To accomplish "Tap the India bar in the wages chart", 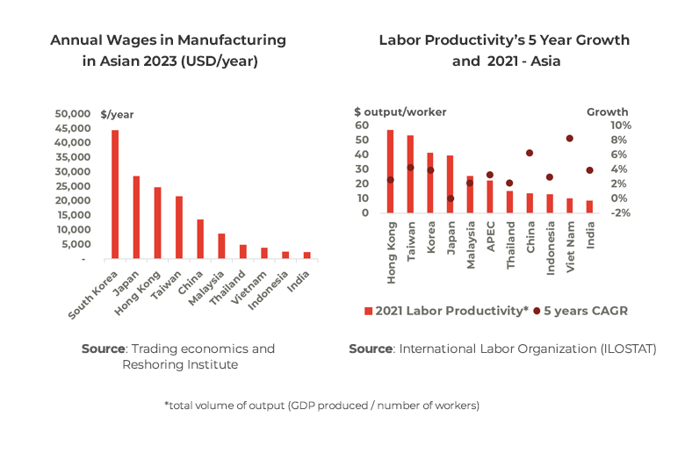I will [306, 255].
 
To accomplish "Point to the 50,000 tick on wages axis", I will [72, 114].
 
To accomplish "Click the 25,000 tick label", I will [72, 186].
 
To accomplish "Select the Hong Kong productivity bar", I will [390, 171].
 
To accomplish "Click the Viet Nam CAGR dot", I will [569, 139].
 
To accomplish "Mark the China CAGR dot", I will [530, 153].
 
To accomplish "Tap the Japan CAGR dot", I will [451, 198].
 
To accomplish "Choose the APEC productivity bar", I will [490, 196].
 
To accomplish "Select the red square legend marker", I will [368, 311].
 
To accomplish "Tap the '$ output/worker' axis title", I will [400, 111].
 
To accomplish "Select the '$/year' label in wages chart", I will [118, 114].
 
